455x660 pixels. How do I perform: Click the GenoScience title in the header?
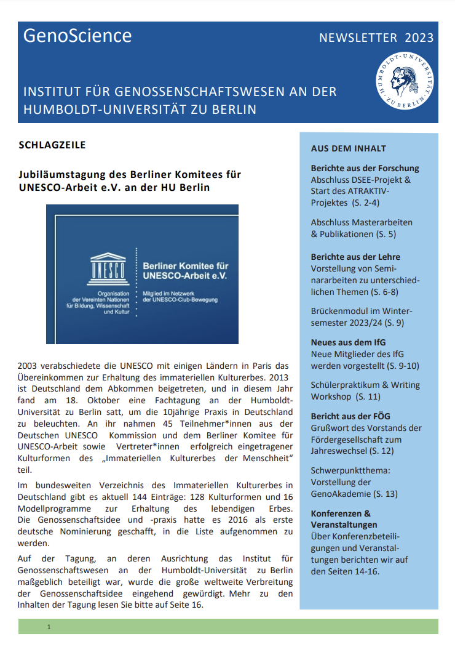[77, 36]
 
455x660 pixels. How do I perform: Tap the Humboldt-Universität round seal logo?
[405, 81]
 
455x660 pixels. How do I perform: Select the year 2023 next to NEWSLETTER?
[419, 38]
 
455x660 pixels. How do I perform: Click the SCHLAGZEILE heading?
[52, 145]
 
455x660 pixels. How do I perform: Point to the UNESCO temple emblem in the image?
[108, 267]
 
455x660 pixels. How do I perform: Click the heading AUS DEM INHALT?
[349, 148]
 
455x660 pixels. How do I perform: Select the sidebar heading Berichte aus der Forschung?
[365, 168]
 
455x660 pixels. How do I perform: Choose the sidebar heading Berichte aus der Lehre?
[355, 257]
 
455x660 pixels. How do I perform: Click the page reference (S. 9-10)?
[403, 365]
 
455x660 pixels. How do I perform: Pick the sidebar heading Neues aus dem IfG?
[348, 342]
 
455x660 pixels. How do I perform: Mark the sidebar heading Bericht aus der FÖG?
[350, 416]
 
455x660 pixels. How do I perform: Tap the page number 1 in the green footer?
[49, 627]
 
